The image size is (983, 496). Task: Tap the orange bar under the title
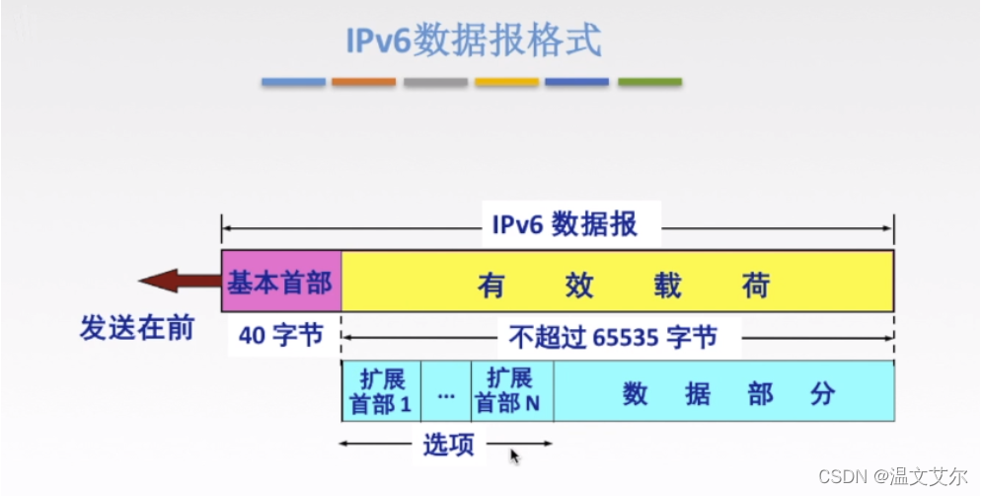[363, 82]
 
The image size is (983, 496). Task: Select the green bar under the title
[649, 82]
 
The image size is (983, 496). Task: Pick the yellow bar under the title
[506, 82]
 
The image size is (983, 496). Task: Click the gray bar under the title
[435, 82]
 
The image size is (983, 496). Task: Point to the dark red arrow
[180, 280]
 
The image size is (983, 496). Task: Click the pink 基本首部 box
[281, 281]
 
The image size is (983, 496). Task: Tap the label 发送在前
[136, 328]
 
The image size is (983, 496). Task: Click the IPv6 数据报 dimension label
[565, 224]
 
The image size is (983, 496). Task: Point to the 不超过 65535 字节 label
[613, 338]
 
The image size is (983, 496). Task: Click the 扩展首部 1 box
[381, 391]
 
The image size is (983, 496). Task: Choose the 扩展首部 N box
[512, 391]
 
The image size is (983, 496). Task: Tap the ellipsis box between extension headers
[446, 391]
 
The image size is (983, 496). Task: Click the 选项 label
[448, 445]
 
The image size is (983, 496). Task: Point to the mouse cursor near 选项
[514, 455]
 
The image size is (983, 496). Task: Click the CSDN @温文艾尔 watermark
[893, 476]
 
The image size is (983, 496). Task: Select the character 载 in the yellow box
[667, 286]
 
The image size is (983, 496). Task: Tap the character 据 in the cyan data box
[697, 394]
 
